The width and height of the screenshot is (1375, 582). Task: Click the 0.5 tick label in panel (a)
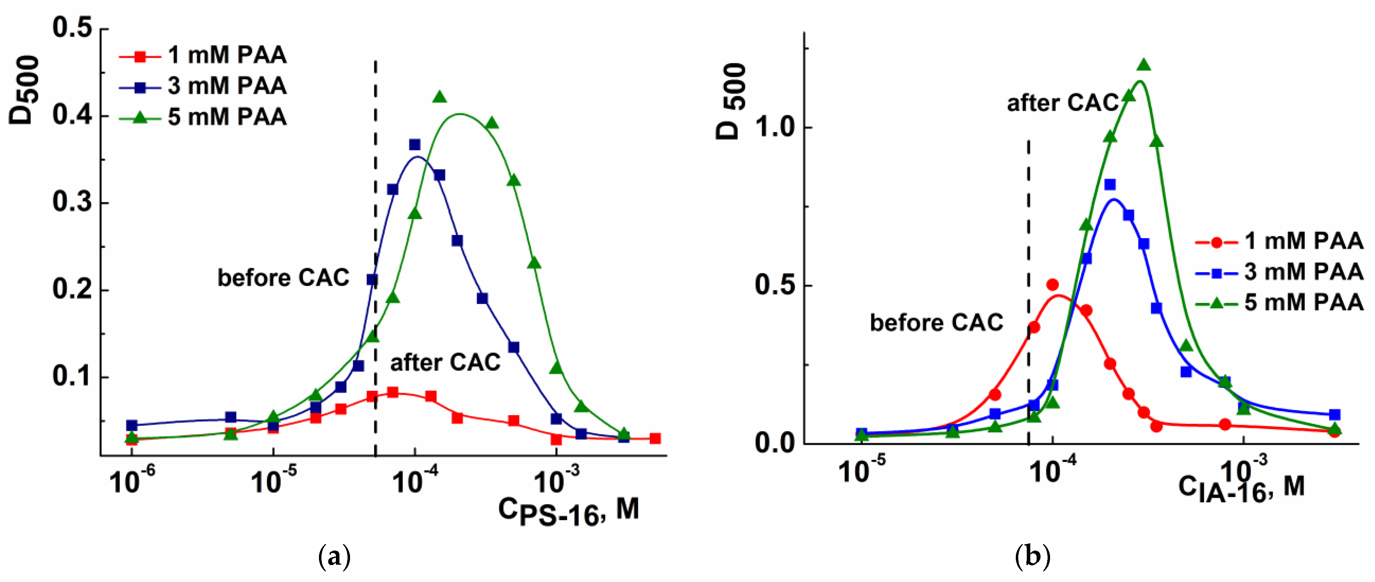(72, 28)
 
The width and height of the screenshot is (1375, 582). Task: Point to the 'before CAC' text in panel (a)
(283, 278)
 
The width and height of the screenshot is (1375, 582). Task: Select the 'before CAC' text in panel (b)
(936, 323)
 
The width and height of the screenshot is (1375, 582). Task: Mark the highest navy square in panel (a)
(415, 145)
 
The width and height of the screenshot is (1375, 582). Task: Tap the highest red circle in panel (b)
(1053, 284)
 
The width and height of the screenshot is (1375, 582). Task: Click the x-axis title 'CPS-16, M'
(568, 511)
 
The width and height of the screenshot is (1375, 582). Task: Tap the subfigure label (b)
(1032, 557)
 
